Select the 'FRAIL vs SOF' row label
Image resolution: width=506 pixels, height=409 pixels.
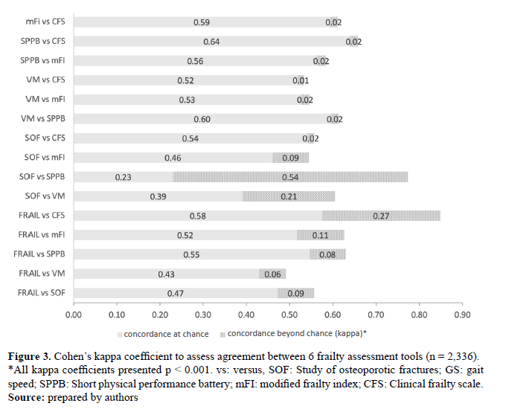(x=41, y=293)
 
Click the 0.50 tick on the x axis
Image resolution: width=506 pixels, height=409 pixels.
(x=289, y=315)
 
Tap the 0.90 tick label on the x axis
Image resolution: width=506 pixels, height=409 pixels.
(x=462, y=315)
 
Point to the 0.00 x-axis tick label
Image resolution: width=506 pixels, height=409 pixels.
(x=73, y=315)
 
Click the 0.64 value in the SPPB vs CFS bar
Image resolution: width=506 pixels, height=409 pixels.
(x=211, y=42)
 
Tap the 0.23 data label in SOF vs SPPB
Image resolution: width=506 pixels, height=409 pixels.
(x=124, y=177)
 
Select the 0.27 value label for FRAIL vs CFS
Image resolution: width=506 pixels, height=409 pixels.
(x=380, y=216)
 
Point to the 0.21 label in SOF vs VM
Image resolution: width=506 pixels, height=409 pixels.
(x=289, y=196)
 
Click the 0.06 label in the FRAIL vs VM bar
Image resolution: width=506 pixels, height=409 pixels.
(x=272, y=274)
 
